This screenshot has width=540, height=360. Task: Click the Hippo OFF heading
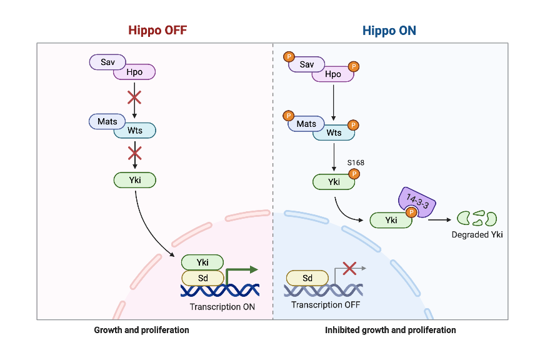tap(157, 30)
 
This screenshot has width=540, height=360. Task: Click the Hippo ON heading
tap(389, 30)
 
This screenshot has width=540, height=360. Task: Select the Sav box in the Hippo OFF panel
tap(107, 62)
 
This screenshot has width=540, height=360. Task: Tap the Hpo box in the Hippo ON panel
tap(333, 74)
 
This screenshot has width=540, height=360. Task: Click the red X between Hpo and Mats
tap(134, 97)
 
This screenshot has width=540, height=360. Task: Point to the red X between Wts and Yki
tap(134, 154)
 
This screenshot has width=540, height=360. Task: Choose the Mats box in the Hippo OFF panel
tap(107, 121)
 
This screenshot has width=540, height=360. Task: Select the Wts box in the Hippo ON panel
tap(334, 132)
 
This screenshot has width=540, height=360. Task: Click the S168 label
tap(356, 162)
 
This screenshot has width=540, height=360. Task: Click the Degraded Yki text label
tap(477, 235)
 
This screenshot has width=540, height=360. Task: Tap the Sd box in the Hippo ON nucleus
tap(307, 277)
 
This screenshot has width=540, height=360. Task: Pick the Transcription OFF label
tap(325, 304)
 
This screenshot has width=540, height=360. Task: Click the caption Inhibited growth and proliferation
tap(390, 330)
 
